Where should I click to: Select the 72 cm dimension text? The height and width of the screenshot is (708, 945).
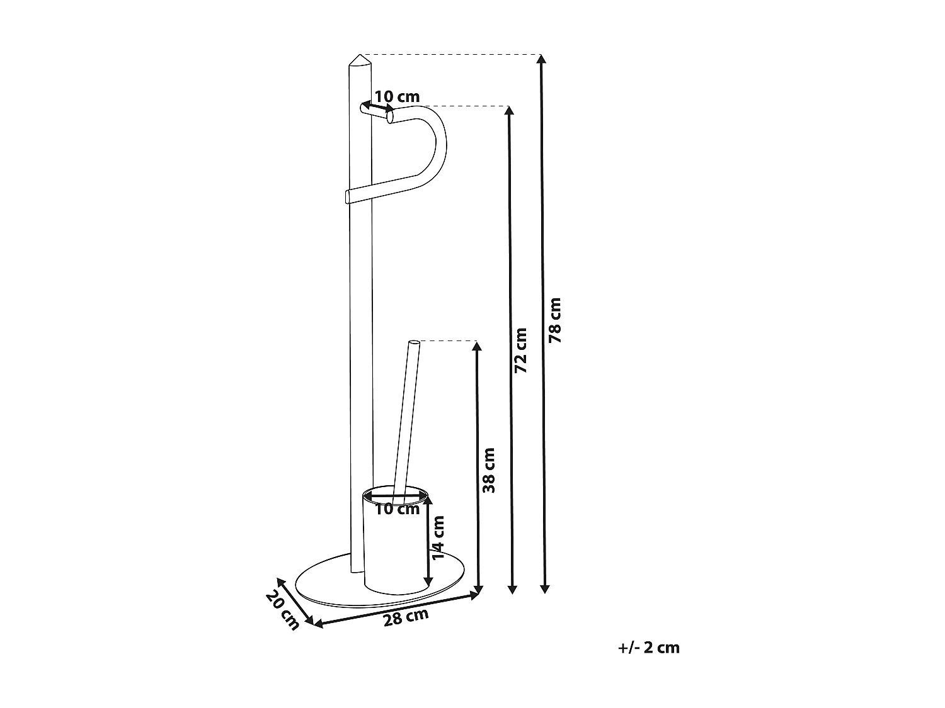520,351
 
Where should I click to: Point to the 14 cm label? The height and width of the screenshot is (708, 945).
438,537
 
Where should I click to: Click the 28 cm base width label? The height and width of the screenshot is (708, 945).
406,617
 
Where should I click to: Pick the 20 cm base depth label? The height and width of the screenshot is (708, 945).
282,610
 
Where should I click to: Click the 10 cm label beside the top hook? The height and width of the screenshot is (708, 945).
397,96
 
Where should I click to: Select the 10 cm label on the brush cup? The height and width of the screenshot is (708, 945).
397,509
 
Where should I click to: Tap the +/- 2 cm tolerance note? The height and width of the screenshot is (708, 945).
650,648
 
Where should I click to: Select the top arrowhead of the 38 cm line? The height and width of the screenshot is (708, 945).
478,346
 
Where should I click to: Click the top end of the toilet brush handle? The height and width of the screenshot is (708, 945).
414,343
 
